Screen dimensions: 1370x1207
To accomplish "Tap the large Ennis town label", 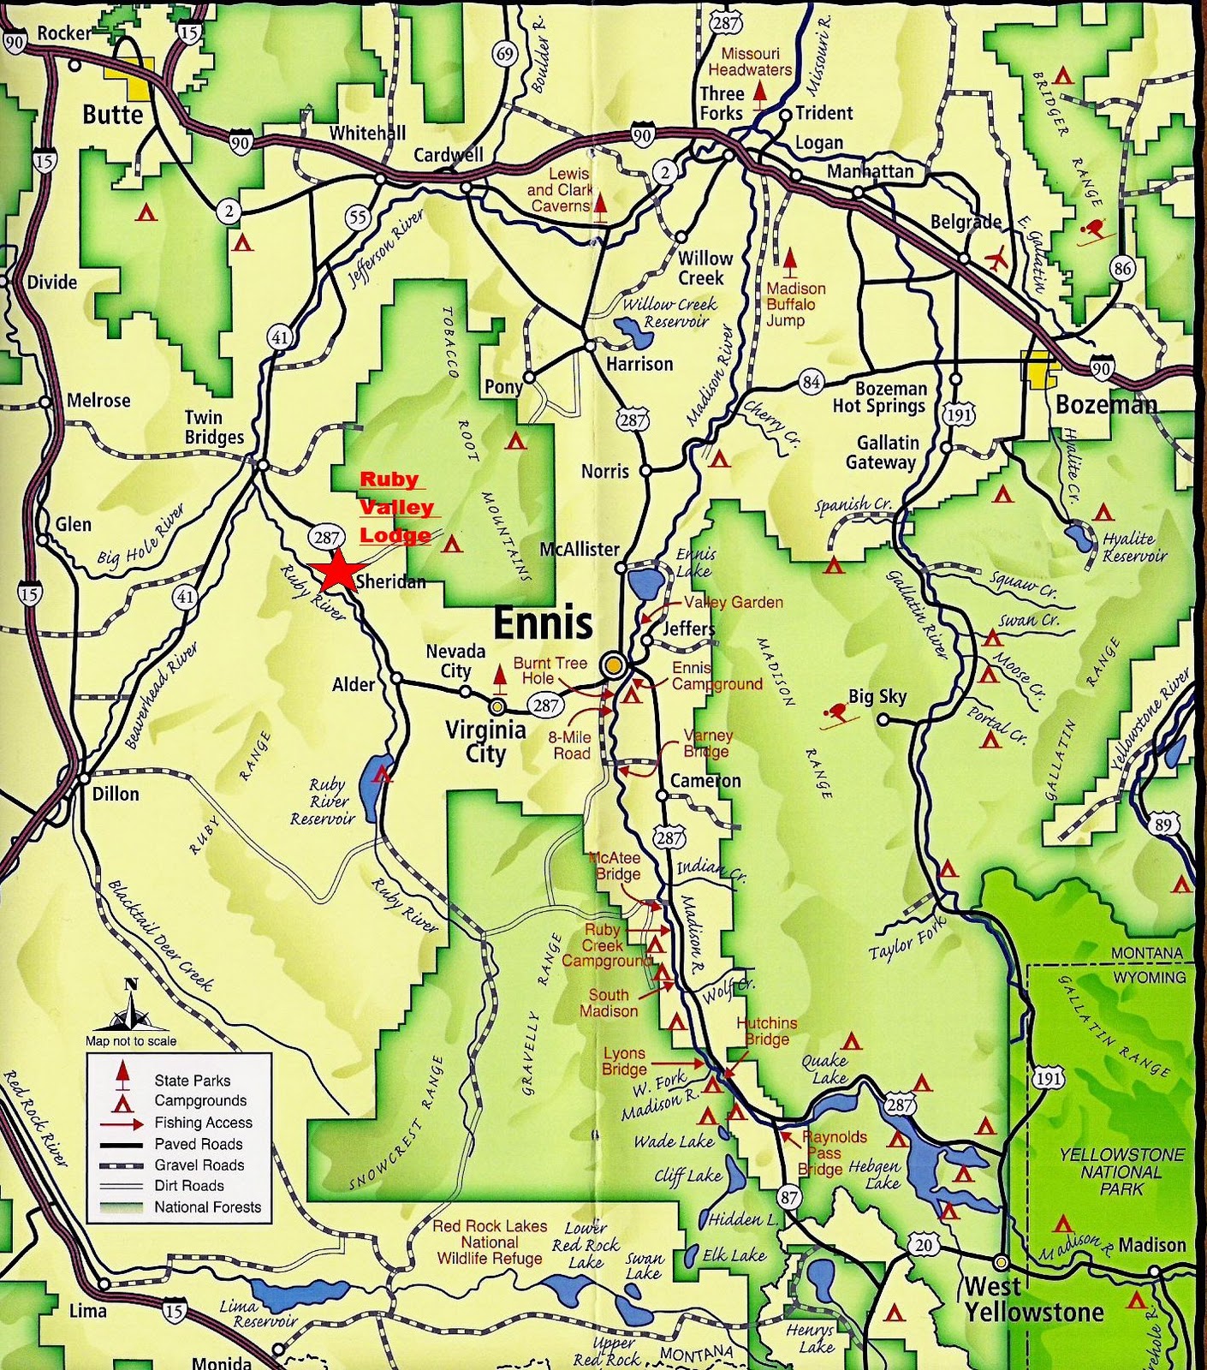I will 543,622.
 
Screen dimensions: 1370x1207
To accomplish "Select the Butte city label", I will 113,115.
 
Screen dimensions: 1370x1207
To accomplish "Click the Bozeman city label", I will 1106,404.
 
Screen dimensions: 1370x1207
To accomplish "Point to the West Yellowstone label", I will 1033,1299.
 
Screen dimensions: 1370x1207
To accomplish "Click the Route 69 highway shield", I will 505,54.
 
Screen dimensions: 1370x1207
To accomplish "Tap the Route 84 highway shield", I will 812,382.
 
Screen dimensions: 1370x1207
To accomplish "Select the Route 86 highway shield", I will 1122,268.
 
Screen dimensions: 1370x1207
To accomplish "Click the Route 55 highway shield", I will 358,217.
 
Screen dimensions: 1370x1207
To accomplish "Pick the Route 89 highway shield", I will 1162,825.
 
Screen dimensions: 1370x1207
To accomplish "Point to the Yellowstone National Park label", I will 1121,1171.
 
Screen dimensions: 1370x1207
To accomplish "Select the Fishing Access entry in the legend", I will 203,1123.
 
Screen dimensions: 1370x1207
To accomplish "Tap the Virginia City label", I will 485,742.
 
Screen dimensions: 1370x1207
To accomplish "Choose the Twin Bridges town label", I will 214,427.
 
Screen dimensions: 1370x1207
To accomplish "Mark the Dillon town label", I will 116,794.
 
